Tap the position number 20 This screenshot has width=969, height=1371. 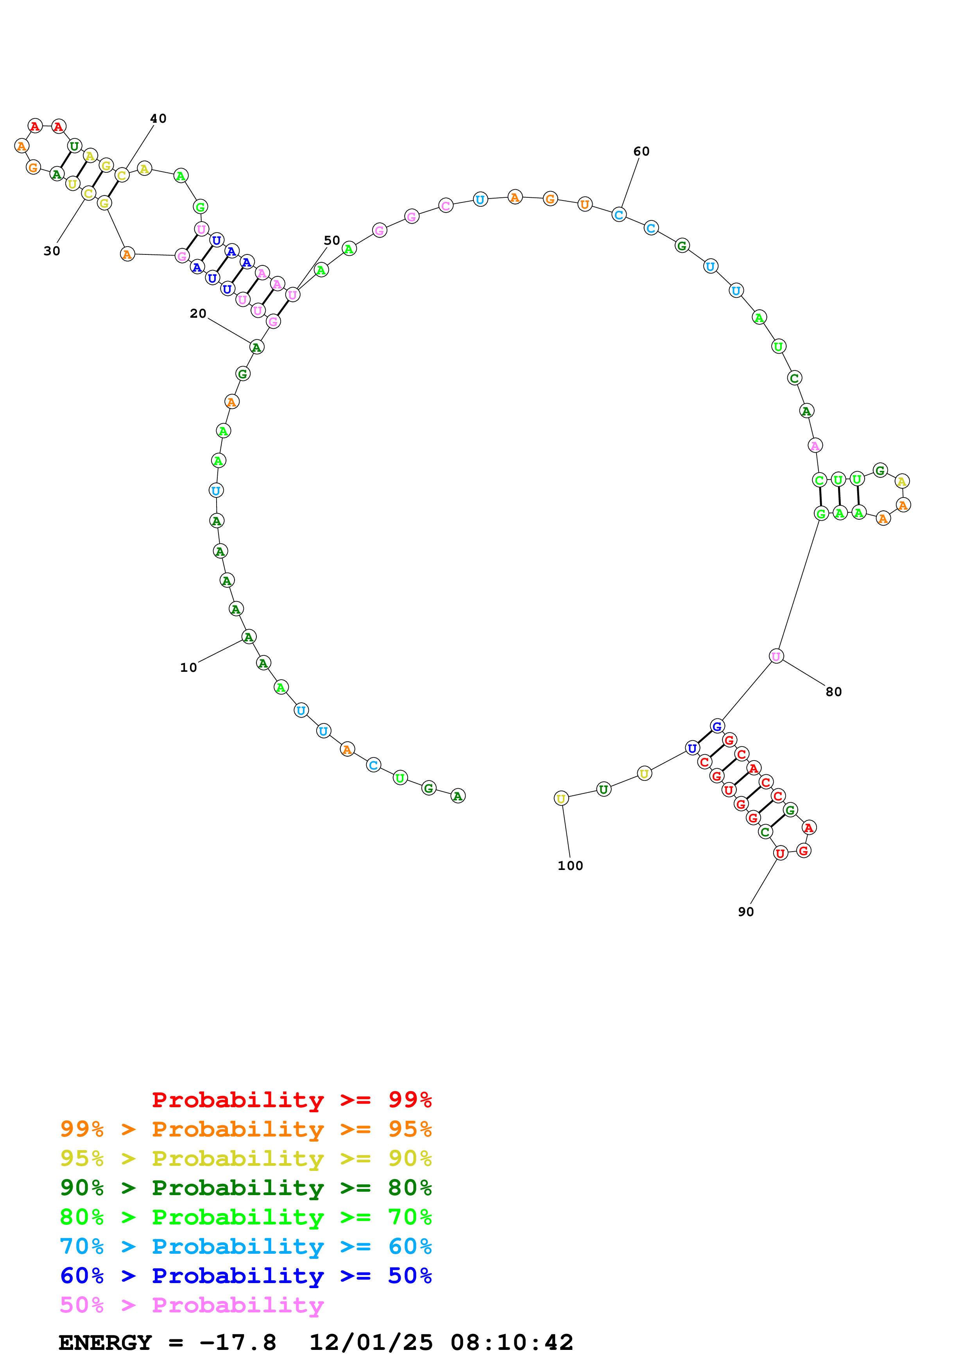click(198, 313)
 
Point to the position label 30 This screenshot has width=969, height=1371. click(52, 251)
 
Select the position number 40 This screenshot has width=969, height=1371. click(158, 118)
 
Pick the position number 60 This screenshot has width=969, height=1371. click(641, 151)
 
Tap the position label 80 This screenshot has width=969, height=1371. click(833, 691)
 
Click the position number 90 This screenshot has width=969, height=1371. click(746, 912)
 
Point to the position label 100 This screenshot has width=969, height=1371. click(570, 865)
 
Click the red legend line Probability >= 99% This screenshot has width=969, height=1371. click(291, 1099)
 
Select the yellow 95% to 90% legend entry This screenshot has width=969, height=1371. click(245, 1158)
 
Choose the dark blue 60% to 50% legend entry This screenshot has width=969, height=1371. click(245, 1276)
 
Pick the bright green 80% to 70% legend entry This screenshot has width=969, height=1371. click(245, 1217)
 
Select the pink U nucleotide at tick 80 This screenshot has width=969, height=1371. click(776, 656)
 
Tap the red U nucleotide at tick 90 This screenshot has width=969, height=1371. click(780, 853)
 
